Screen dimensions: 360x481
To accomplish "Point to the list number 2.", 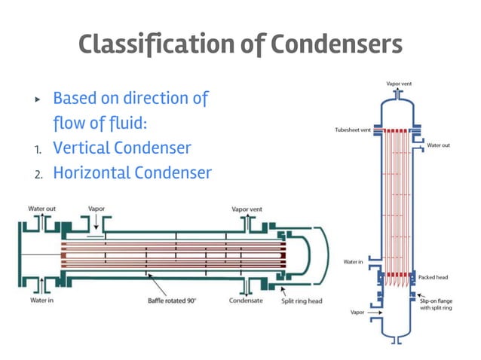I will point(38,175).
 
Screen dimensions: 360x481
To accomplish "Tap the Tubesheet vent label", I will point(352,130).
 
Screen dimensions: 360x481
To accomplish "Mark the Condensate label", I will point(246,301).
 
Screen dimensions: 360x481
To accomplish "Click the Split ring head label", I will point(301,301).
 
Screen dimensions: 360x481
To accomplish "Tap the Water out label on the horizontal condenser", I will point(41,209).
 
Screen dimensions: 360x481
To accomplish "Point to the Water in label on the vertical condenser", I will point(353,262).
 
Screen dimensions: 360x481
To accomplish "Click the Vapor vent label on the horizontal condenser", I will point(247,209).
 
